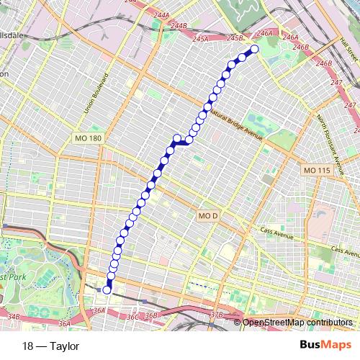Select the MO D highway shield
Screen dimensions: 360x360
pos(207,215)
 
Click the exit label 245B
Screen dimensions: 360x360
pos(235,37)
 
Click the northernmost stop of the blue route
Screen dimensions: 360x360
pos(254,50)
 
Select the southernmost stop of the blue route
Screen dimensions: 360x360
pos(107,289)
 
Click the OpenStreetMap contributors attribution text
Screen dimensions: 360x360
pos(298,323)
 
